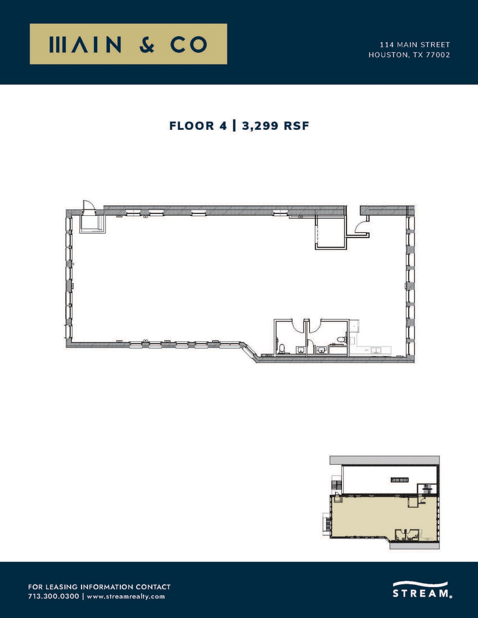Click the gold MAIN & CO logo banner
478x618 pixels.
tap(128, 44)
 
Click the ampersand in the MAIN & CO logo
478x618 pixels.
tap(147, 45)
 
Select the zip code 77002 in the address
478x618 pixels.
tap(438, 55)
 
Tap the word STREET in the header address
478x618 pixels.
tap(435, 45)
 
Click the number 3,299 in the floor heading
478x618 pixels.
tap(260, 126)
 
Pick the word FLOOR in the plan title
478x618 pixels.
tap(192, 126)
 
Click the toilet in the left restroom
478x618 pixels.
tap(282, 349)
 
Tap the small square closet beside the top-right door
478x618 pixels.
tap(330, 232)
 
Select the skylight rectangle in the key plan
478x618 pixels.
tap(400, 480)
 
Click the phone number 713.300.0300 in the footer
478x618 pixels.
tap(53, 596)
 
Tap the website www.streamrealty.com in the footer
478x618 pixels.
tap(126, 596)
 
